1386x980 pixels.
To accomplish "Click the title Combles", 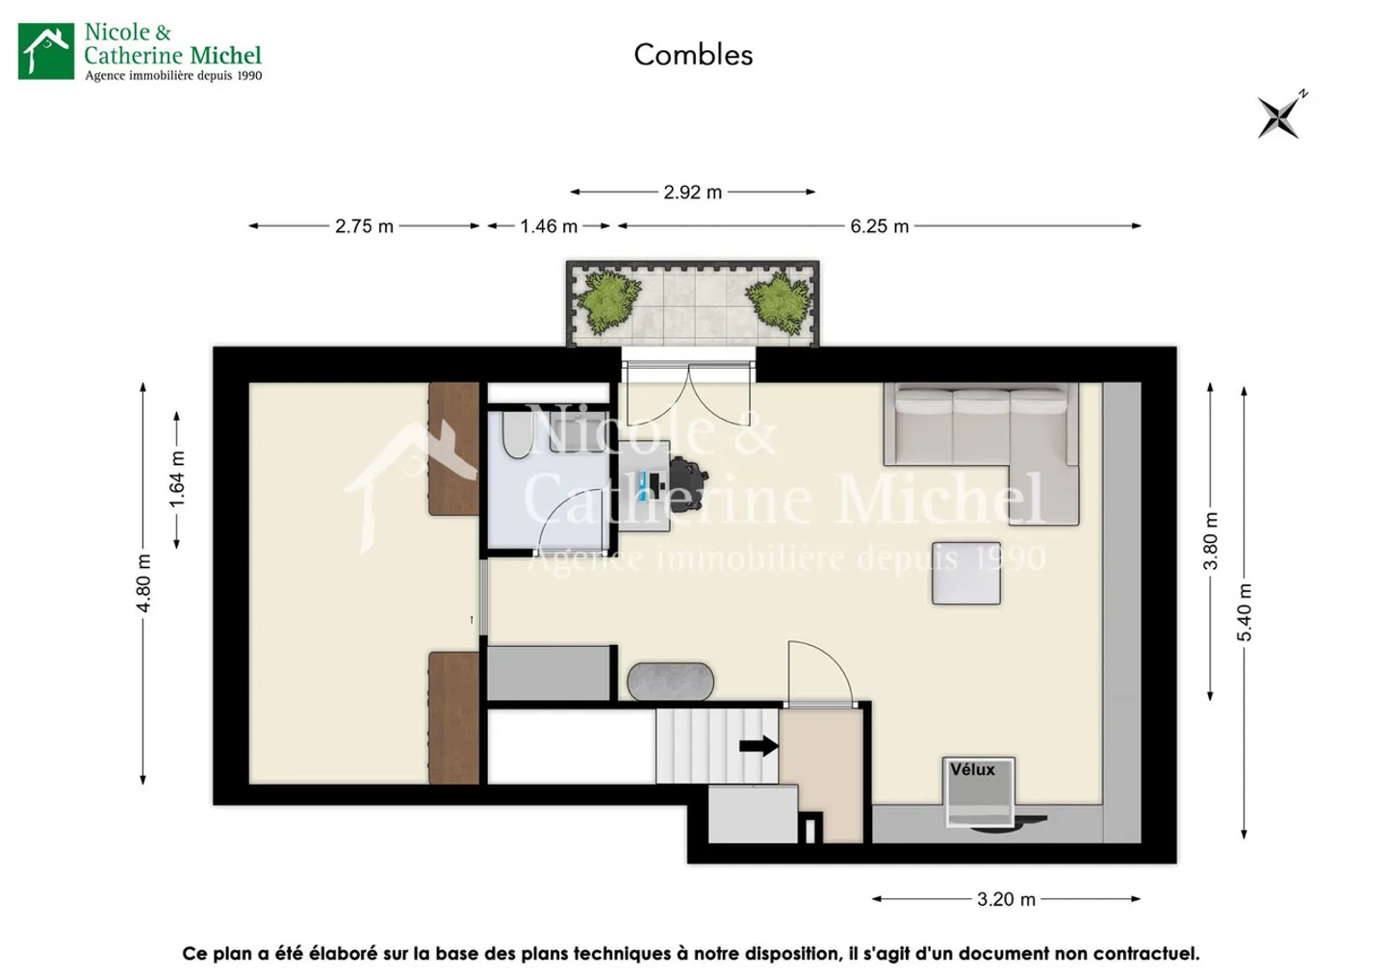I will (x=693, y=55).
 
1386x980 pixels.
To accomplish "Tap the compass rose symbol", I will (x=1280, y=117).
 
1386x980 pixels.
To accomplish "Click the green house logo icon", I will (x=46, y=51).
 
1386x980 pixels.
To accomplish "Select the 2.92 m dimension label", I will (x=692, y=193).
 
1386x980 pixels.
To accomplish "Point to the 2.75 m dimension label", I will (x=364, y=226).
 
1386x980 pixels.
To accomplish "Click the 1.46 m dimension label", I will (x=549, y=226).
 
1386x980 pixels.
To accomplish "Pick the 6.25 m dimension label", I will (x=879, y=226).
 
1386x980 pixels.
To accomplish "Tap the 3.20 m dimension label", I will (x=1006, y=899).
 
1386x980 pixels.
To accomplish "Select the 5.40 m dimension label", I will (x=1245, y=612).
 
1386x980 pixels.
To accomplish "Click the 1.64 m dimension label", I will (x=177, y=479).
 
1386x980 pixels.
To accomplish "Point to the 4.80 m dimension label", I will (x=143, y=583).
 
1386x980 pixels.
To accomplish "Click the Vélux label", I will (x=972, y=769).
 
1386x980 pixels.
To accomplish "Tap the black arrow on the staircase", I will (x=758, y=745).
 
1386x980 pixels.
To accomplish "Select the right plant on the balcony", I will (x=778, y=301).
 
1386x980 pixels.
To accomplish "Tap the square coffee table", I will (x=965, y=573).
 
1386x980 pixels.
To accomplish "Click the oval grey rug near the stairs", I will (x=671, y=682).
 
